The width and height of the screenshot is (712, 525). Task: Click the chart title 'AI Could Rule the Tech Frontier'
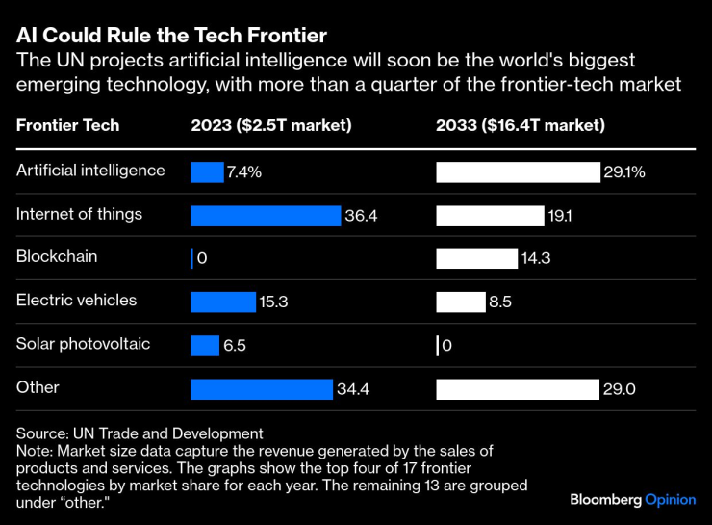[171, 36]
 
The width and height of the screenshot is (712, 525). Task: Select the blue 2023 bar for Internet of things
[266, 216]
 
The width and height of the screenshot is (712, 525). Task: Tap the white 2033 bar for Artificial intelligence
[518, 172]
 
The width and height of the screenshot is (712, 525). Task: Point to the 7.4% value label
[244, 172]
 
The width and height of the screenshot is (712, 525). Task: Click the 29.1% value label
[624, 172]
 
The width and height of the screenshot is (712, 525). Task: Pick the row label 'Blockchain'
[57, 257]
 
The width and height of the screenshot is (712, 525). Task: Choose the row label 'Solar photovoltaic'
[83, 344]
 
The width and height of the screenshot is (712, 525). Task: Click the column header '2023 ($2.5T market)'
[270, 125]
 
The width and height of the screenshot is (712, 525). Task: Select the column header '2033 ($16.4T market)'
[521, 125]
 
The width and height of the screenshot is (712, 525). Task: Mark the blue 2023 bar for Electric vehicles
[223, 302]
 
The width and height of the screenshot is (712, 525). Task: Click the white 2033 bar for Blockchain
[476, 259]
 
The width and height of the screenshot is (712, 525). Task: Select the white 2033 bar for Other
[518, 389]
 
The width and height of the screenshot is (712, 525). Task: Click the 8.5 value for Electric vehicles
[500, 302]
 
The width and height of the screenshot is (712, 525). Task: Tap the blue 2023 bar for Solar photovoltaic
[205, 346]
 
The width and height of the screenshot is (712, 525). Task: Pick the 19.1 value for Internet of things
[560, 216]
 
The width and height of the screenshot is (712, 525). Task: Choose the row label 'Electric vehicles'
[77, 301]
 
